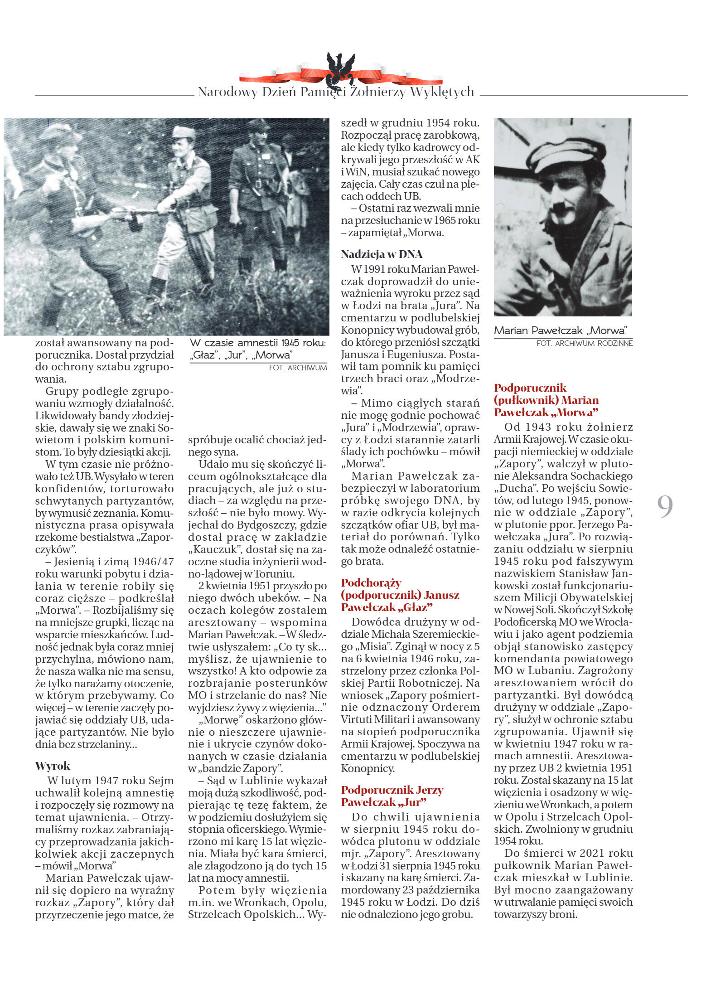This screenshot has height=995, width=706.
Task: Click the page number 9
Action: [x=665, y=507]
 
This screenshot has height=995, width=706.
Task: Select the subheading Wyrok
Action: [x=53, y=766]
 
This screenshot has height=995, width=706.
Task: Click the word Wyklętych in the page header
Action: [x=442, y=92]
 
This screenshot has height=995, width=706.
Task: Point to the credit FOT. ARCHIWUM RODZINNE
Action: [x=584, y=344]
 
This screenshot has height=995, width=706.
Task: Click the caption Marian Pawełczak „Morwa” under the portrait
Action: [x=560, y=330]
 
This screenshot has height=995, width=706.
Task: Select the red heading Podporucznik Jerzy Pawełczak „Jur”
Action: [x=392, y=796]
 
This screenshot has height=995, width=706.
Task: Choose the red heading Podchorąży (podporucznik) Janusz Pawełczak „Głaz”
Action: [x=400, y=595]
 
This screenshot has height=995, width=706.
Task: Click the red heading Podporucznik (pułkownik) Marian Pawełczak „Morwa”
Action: [x=546, y=400]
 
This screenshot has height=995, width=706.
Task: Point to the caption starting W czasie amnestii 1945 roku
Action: [x=257, y=349]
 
